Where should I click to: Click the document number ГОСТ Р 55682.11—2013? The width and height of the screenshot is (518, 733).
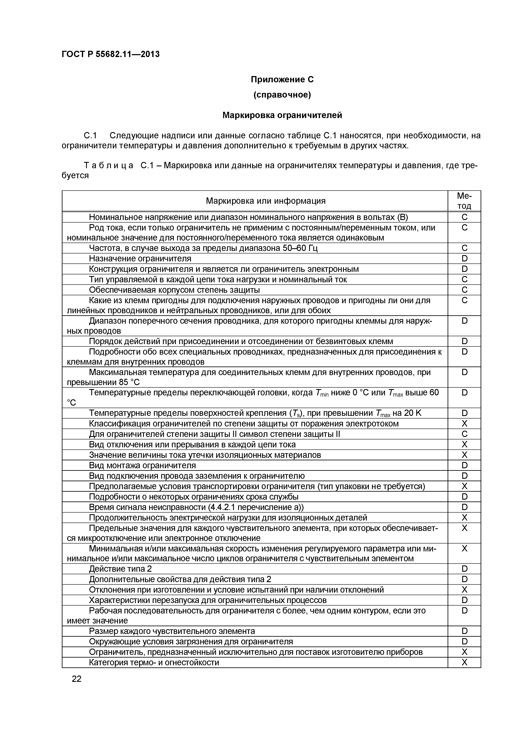pos(110,54)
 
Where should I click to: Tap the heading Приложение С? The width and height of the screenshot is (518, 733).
pos(282,79)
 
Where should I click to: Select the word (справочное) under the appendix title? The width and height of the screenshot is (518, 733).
pos(282,95)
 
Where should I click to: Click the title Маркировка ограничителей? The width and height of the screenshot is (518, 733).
pos(282,115)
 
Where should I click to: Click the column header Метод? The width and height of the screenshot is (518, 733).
pos(464,201)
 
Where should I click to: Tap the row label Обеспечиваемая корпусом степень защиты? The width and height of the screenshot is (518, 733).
pos(174,290)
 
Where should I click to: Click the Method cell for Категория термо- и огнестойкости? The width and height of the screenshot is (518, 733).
pos(464,662)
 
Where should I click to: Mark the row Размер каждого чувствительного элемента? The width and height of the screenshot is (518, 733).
pos(172,631)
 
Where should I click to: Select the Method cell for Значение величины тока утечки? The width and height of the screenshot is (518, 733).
pos(464,455)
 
